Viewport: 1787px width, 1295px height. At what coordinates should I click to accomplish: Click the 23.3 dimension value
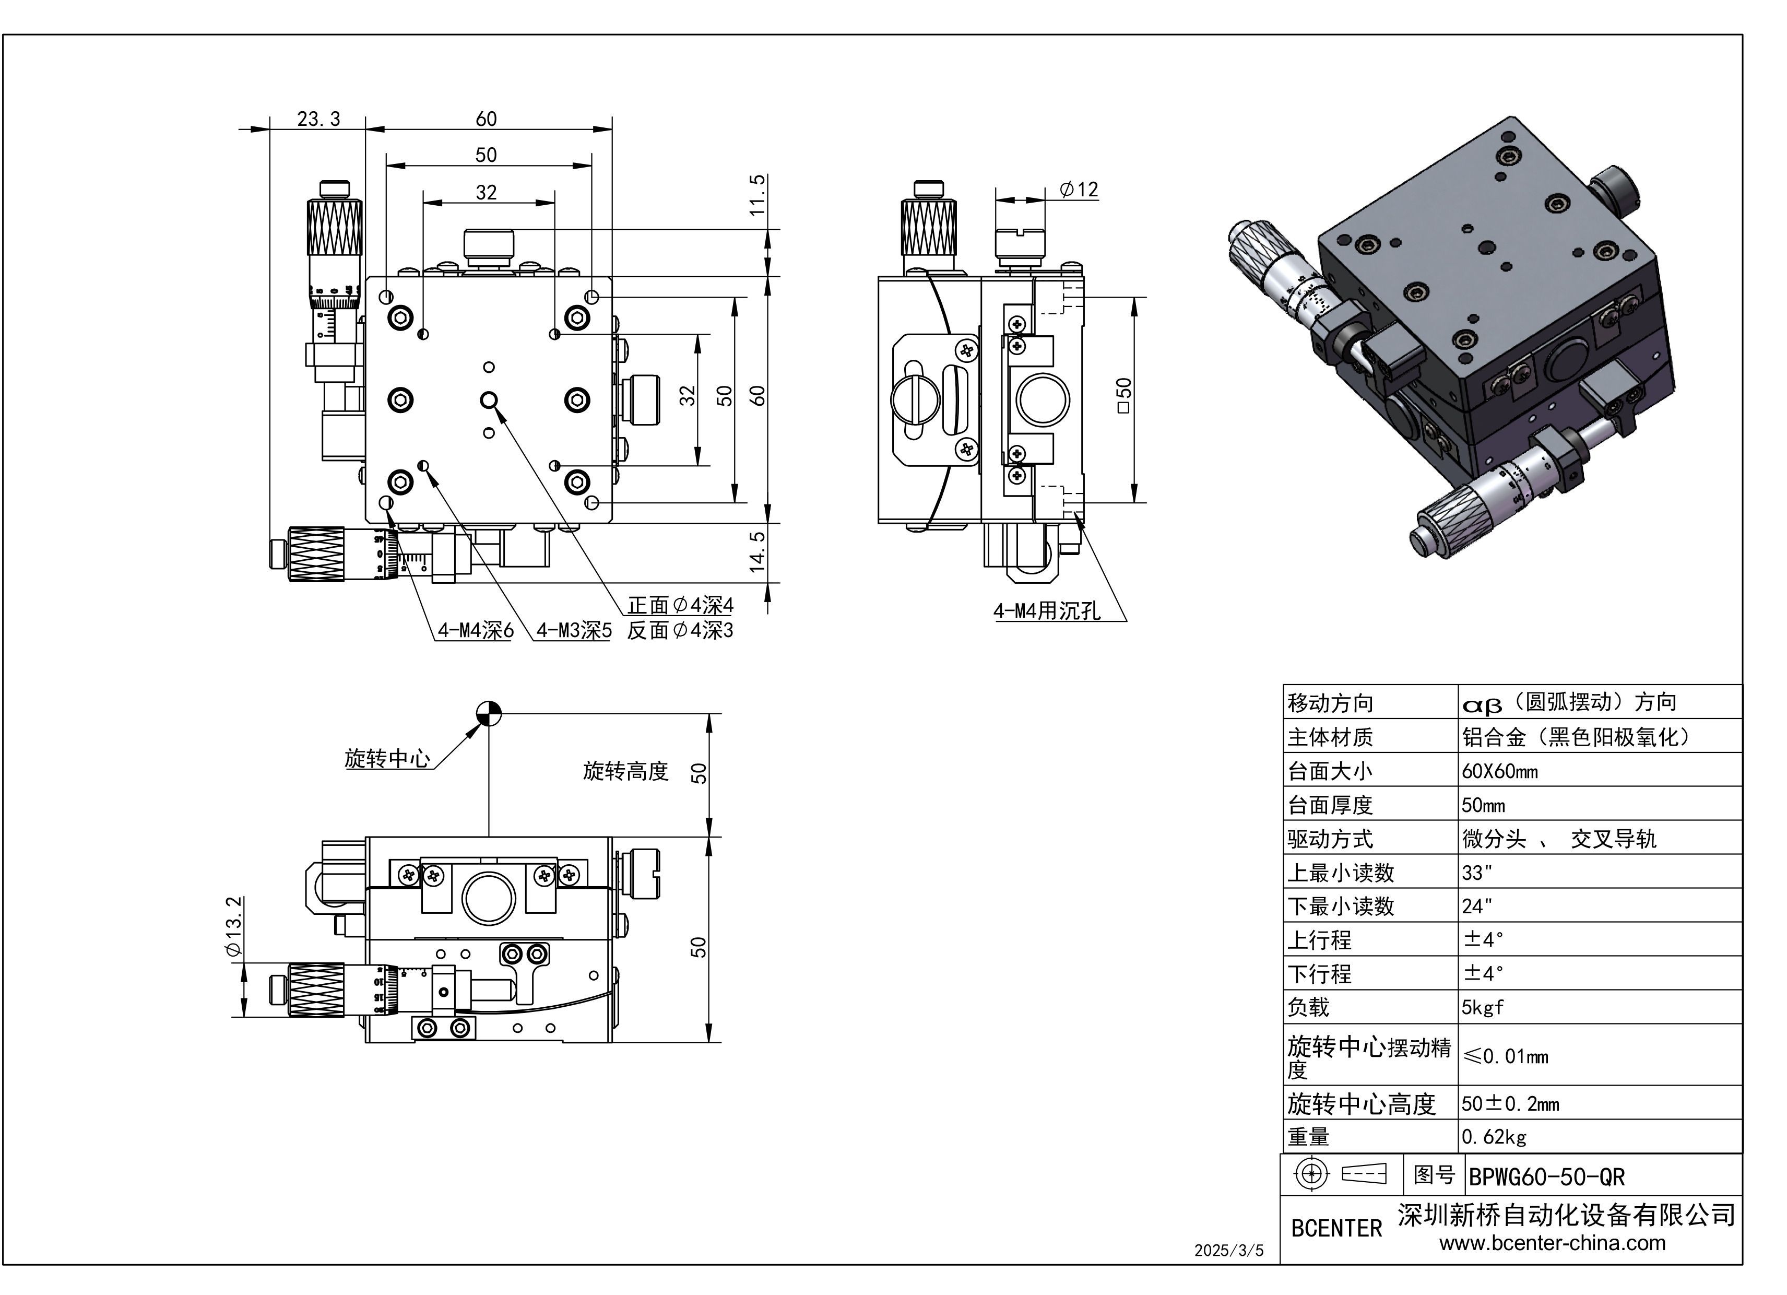318,119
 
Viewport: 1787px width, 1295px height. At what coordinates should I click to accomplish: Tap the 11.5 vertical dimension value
757,195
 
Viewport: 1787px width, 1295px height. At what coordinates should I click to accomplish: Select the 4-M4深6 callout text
475,631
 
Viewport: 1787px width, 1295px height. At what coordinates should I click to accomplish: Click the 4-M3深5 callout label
574,631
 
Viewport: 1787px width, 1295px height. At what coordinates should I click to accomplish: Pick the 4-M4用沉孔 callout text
1046,611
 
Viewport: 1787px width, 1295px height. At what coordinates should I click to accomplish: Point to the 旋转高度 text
625,771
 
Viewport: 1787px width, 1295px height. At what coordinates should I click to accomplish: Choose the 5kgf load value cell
1482,1007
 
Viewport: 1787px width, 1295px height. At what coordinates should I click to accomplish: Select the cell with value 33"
1477,873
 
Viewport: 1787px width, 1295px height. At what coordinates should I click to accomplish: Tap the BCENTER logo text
1336,1228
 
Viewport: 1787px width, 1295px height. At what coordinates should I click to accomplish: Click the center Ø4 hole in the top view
489,401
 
